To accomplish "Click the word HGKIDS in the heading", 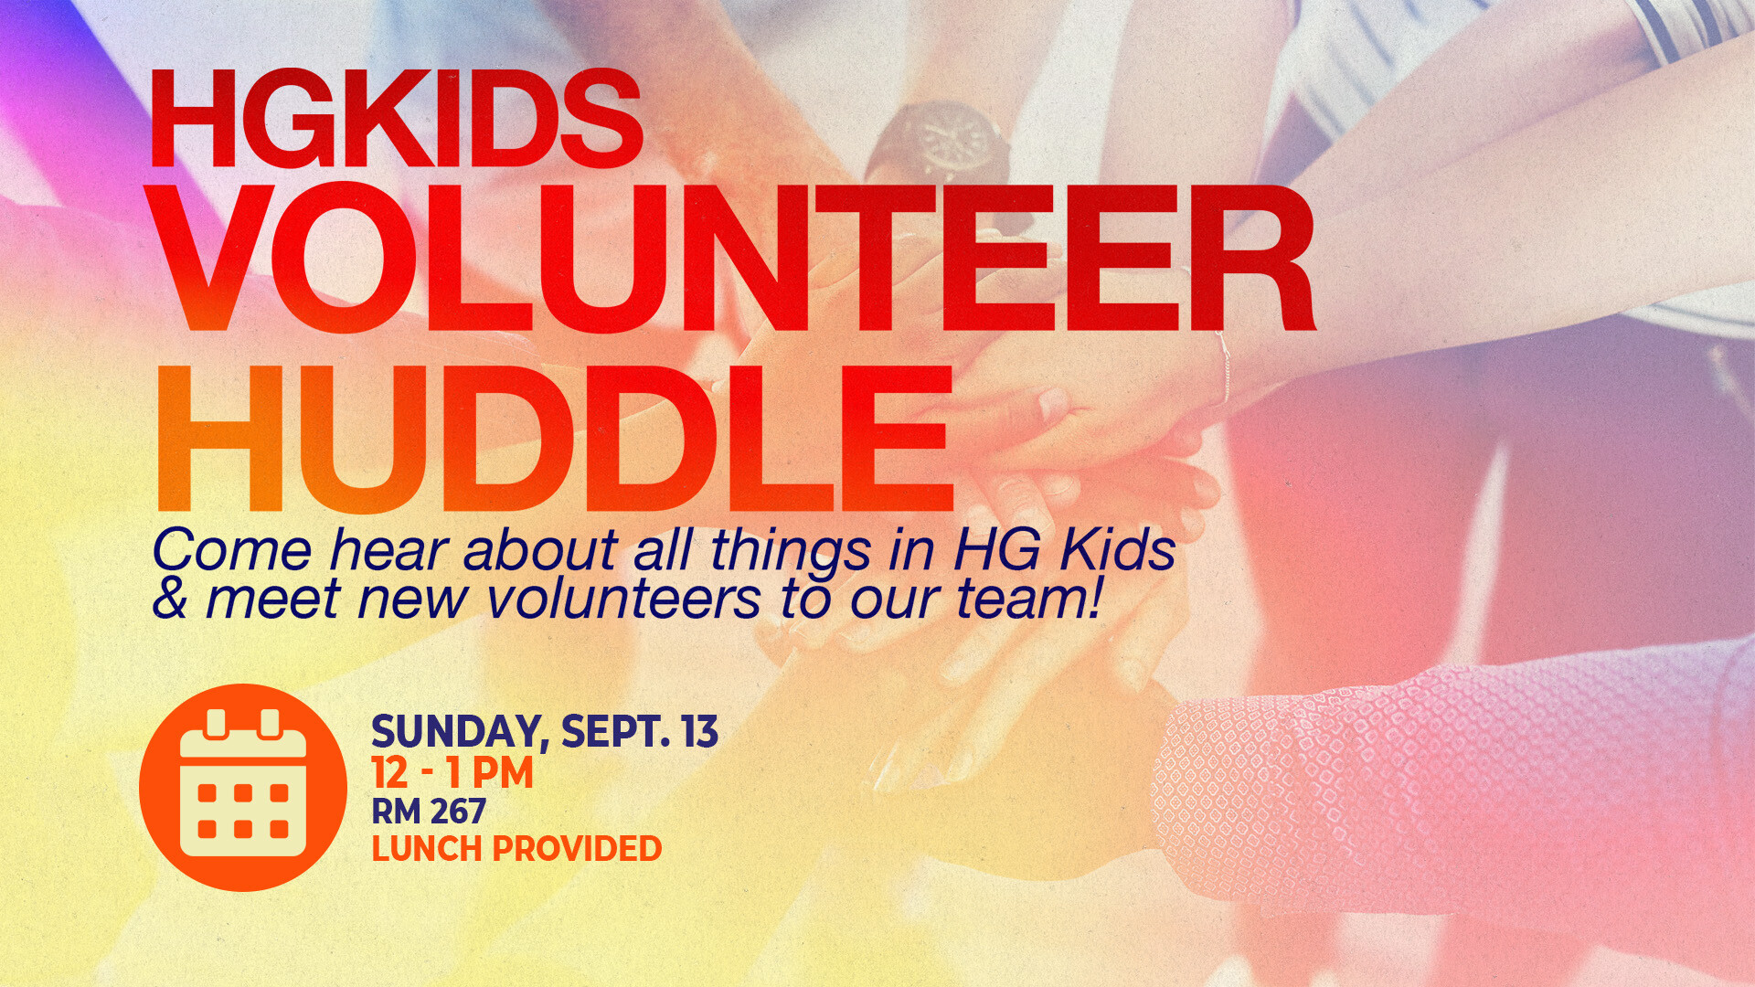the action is [397, 119].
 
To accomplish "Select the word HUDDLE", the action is [556, 438].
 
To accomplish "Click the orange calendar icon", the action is [243, 787].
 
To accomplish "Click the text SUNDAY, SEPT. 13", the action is [545, 732].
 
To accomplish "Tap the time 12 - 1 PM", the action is [452, 773].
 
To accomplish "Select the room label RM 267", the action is [429, 812].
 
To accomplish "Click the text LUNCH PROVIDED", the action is [516, 849].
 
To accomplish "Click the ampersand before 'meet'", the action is [170, 599].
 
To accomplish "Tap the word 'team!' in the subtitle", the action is [1029, 600].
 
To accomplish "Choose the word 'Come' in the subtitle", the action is [232, 551].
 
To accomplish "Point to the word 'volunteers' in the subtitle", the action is [623, 600].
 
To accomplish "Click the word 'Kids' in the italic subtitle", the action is [1118, 550].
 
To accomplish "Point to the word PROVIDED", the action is [578, 849].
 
